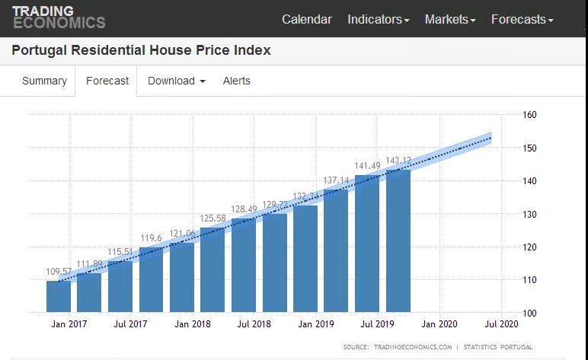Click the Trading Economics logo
click(x=59, y=17)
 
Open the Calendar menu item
click(x=307, y=19)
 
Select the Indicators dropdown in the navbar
click(x=378, y=19)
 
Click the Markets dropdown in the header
click(x=450, y=19)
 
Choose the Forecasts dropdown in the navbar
click(x=522, y=19)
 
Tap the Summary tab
click(x=44, y=81)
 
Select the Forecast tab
click(x=107, y=81)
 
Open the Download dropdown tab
click(x=176, y=81)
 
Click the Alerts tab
click(x=236, y=81)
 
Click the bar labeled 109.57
click(x=59, y=297)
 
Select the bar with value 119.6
click(x=151, y=279)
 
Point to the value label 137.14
click(x=336, y=180)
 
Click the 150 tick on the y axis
click(x=530, y=148)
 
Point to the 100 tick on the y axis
click(x=530, y=313)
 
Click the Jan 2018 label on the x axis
click(x=192, y=324)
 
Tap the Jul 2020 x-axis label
click(x=501, y=324)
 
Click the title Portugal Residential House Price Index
click(x=142, y=51)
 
